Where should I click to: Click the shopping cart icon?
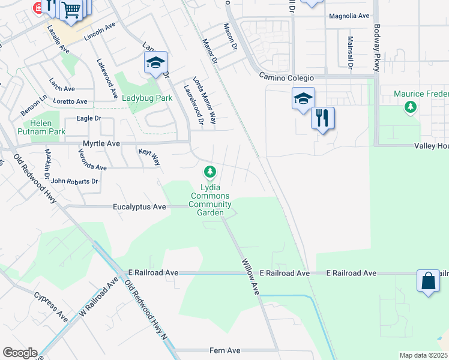click(x=71, y=10)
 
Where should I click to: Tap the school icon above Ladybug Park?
click(x=155, y=63)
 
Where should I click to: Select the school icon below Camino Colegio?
click(x=303, y=98)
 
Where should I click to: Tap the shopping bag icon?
click(x=429, y=281)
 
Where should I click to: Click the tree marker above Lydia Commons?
click(x=210, y=173)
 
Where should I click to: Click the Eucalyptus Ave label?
click(x=139, y=206)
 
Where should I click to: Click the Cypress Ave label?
click(x=51, y=307)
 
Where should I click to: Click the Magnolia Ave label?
click(x=349, y=16)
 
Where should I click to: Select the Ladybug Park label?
click(x=147, y=98)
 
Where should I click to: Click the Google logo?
click(x=20, y=353)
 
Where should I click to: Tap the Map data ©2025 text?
click(x=423, y=355)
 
